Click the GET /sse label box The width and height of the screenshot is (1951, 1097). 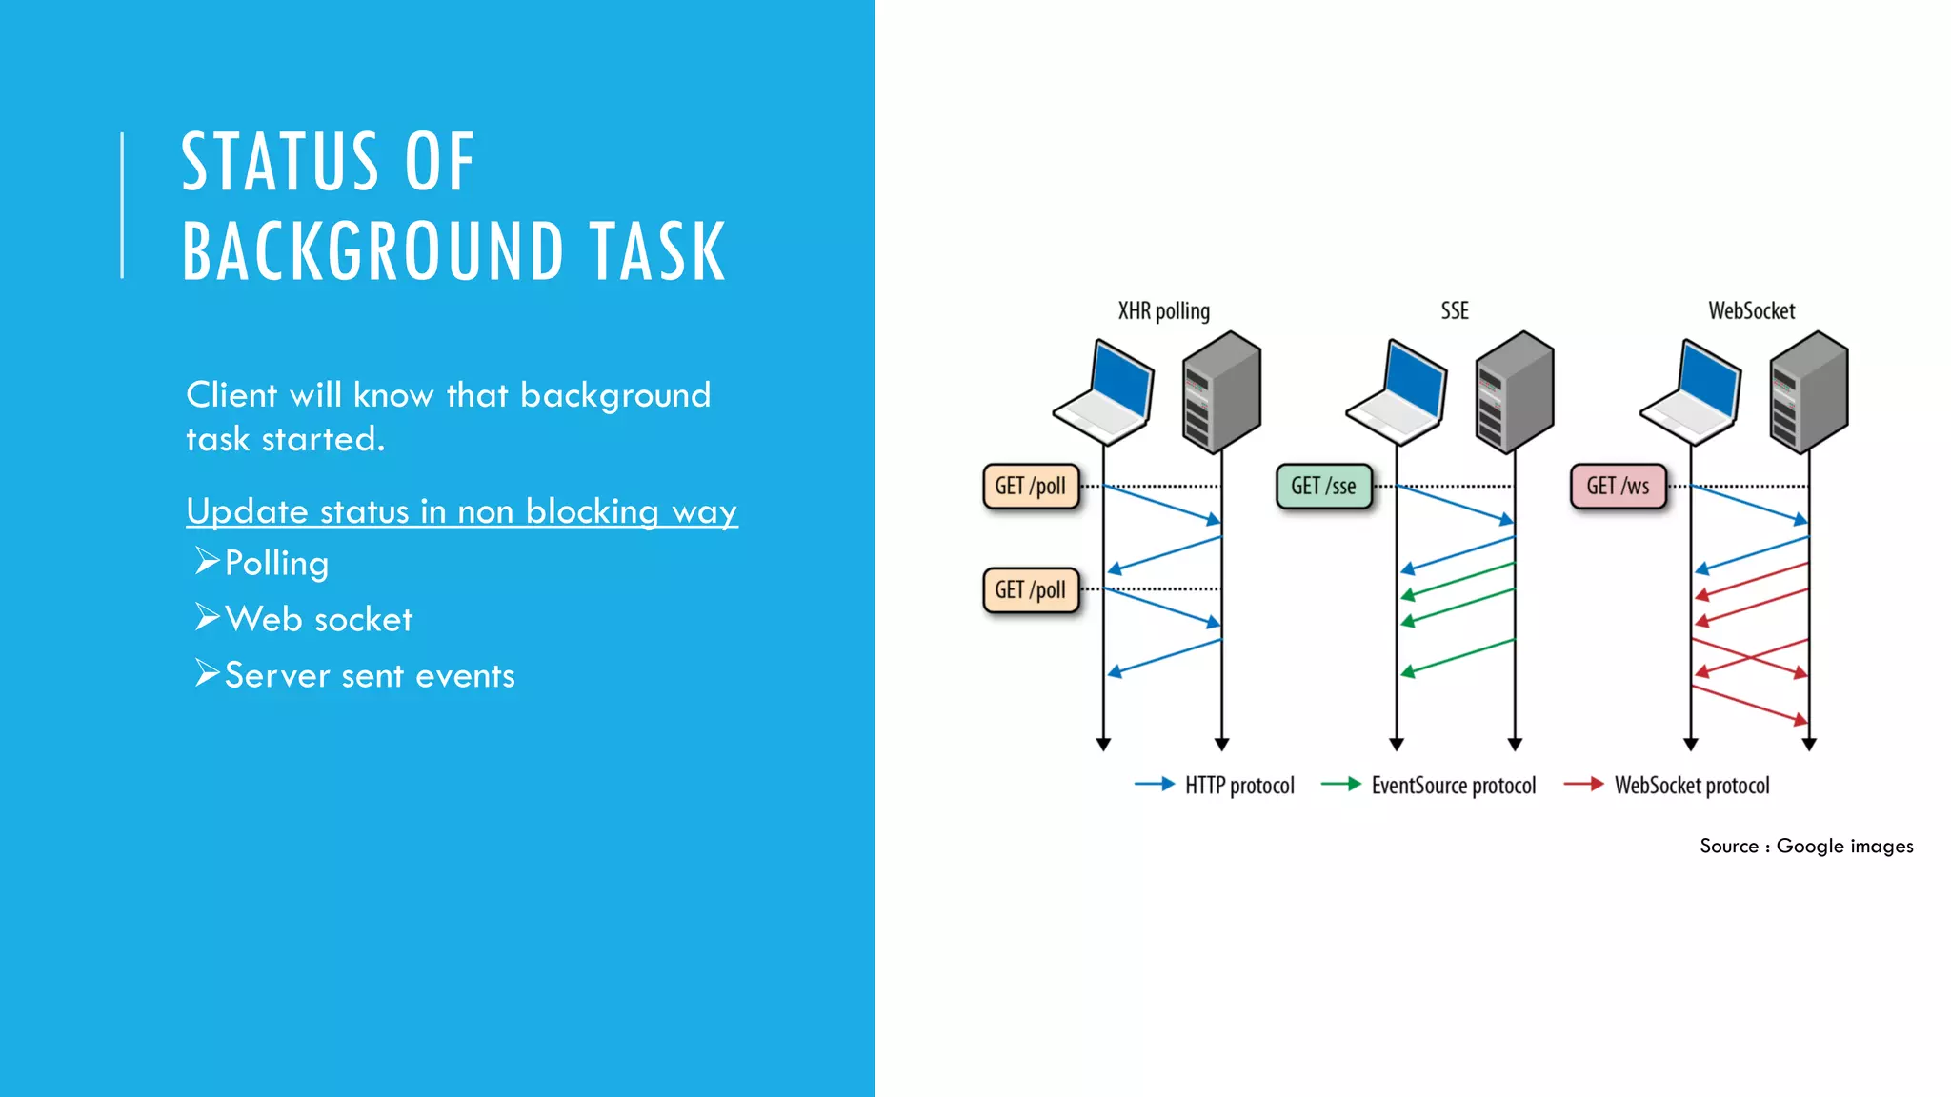click(1323, 487)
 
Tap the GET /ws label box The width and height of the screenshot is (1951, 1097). click(1618, 487)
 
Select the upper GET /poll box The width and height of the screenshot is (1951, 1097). click(1031, 487)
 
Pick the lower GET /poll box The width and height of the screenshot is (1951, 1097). click(1031, 590)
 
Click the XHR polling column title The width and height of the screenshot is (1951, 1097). click(1163, 311)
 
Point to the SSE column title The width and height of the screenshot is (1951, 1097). click(1455, 311)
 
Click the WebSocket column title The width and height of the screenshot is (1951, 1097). click(1751, 311)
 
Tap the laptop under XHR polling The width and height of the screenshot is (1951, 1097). click(1105, 392)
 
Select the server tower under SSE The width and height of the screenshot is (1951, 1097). click(1515, 391)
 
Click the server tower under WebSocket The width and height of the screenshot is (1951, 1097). click(1809, 391)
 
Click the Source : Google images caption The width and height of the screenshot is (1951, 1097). click(1806, 846)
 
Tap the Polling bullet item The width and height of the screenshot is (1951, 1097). click(276, 563)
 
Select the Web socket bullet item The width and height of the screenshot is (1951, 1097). click(318, 619)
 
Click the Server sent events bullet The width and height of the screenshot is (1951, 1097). click(370, 675)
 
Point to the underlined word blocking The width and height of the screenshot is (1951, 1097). click(592, 511)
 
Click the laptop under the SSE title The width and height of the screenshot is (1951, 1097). click(1398, 392)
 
